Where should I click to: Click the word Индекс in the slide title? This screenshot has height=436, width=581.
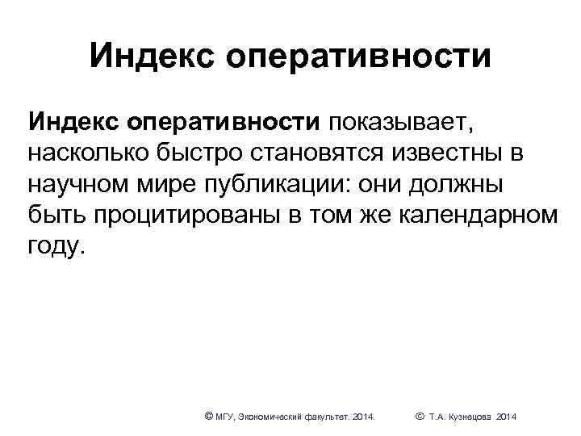[x=148, y=56]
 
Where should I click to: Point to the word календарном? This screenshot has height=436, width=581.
[x=476, y=214]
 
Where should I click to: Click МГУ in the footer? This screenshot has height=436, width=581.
[x=227, y=417]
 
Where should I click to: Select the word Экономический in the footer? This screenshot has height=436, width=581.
[x=270, y=417]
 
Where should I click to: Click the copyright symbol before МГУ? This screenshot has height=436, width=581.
[x=209, y=416]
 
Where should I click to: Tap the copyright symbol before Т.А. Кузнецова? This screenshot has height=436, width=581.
[x=419, y=416]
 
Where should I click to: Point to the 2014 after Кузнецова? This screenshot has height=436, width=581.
[x=508, y=417]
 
